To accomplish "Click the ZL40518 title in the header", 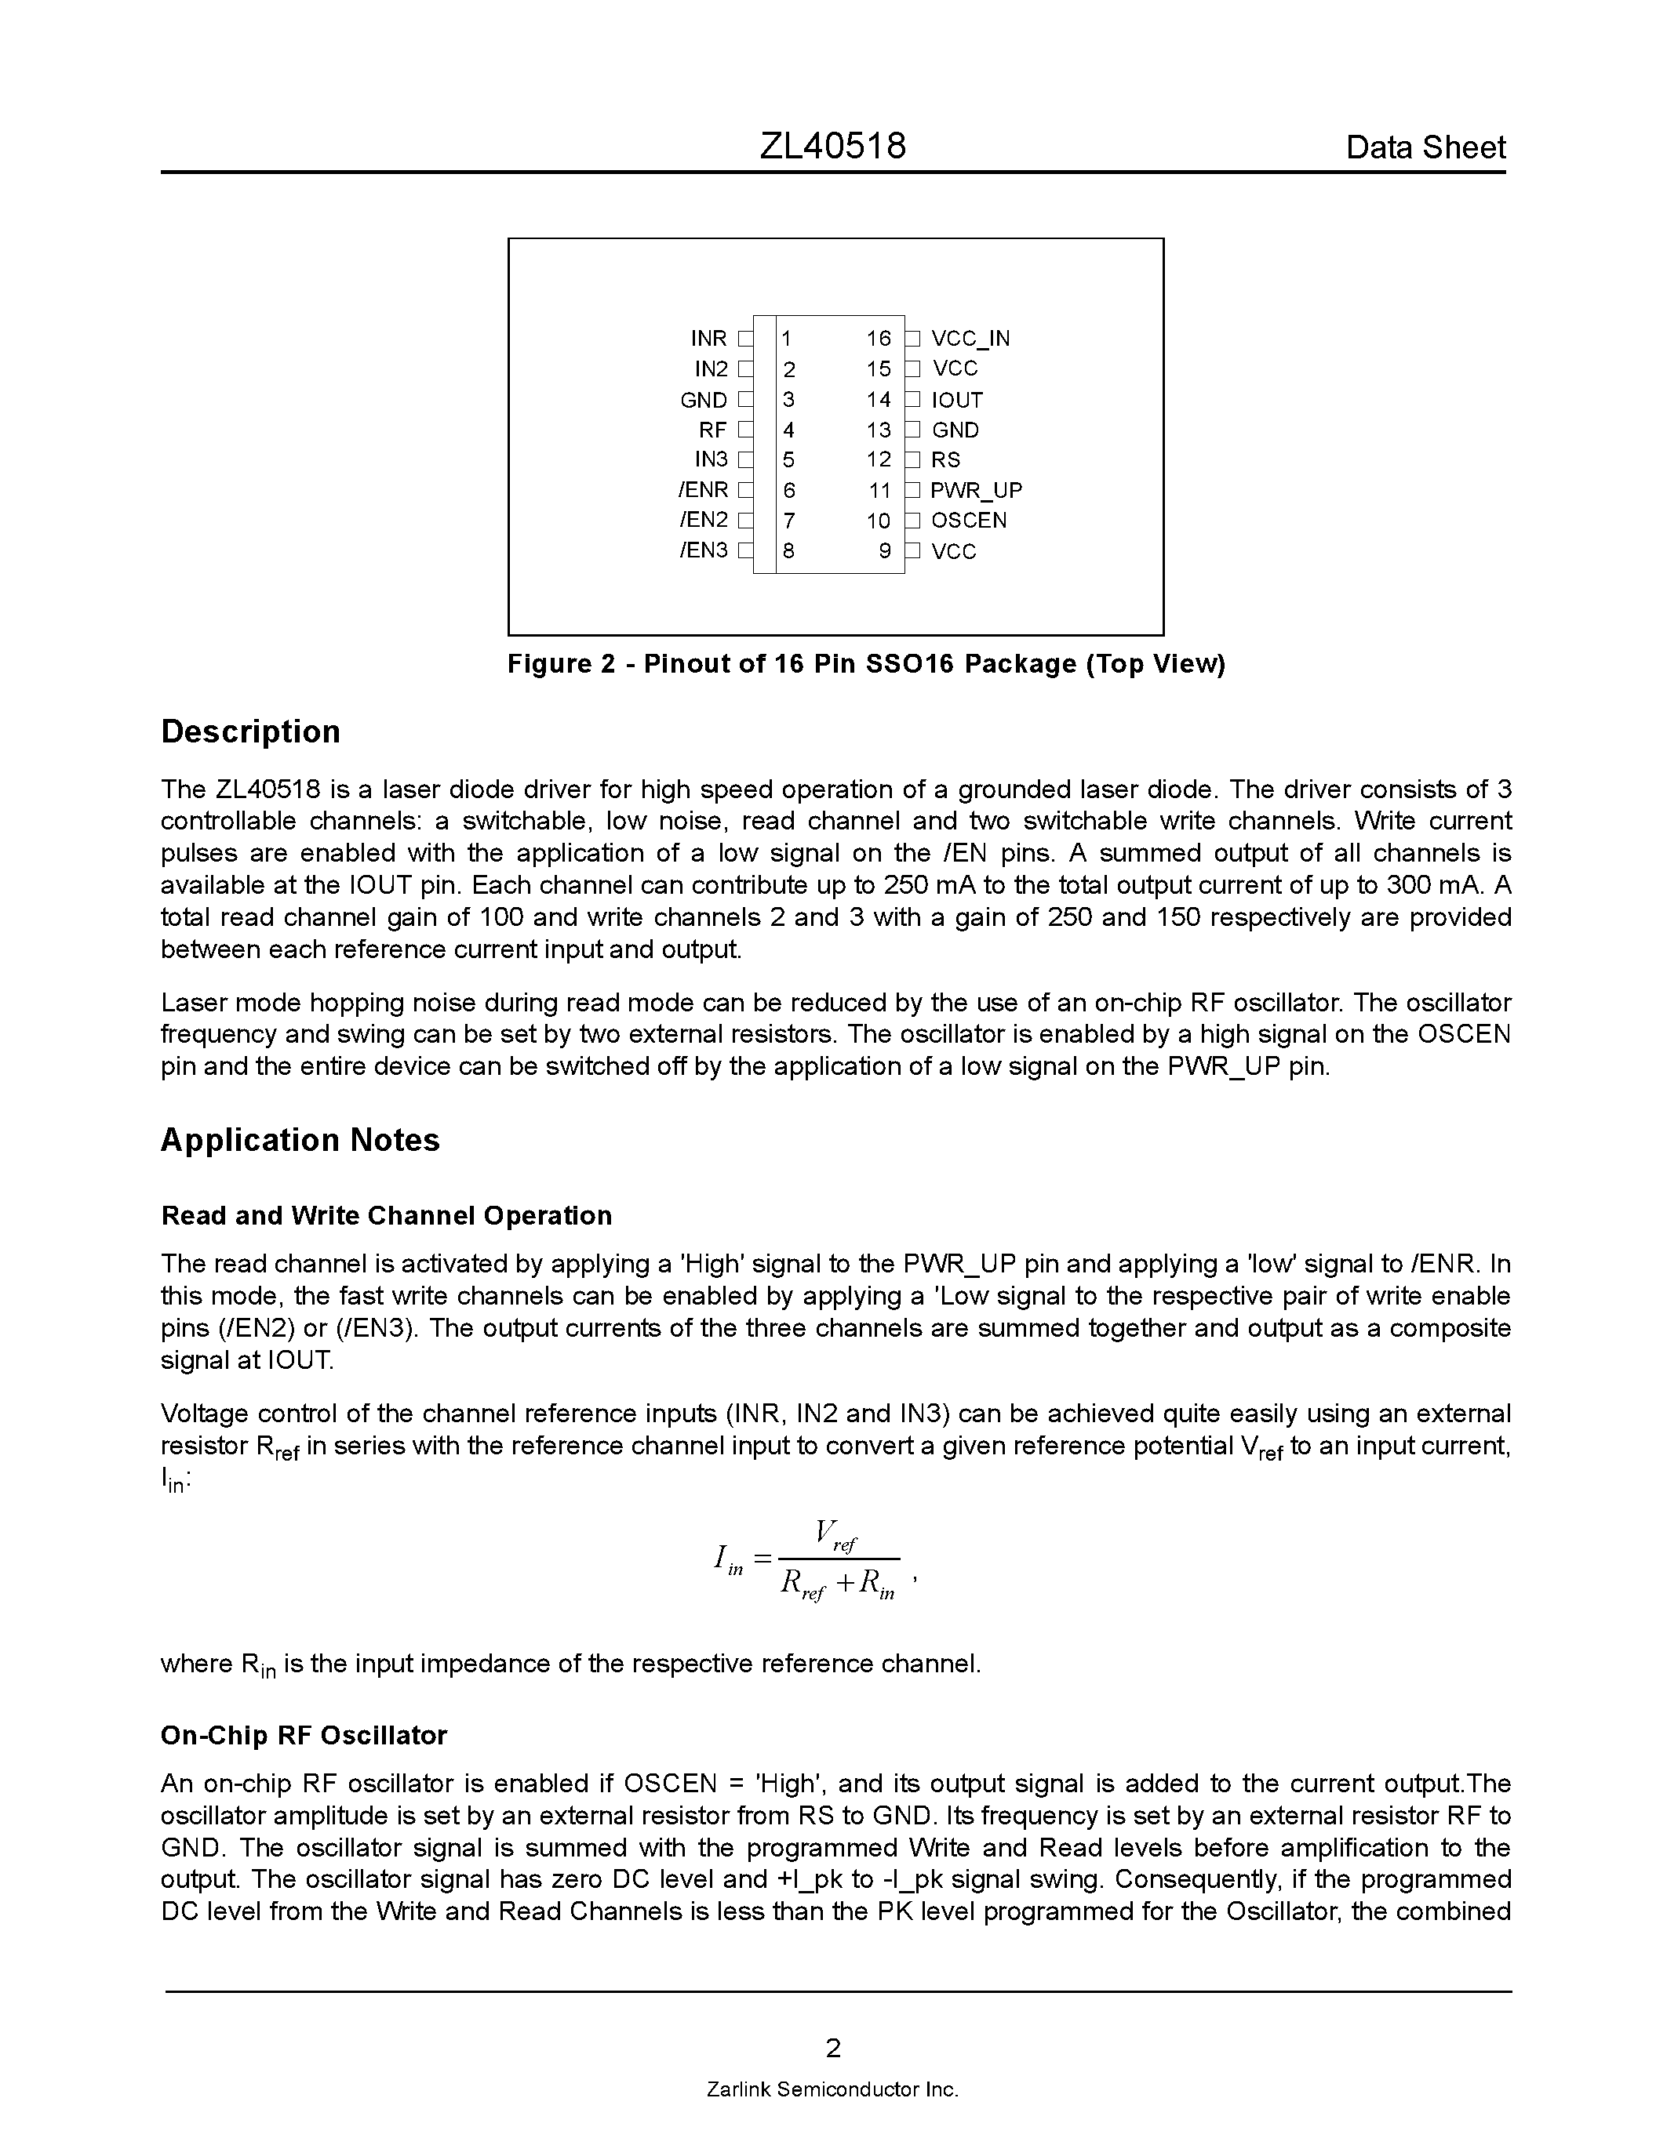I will tap(832, 147).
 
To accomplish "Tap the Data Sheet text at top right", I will tap(1425, 148).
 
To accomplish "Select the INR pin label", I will tap(708, 339).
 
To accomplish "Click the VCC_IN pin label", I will tap(970, 339).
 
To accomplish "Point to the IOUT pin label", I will tap(956, 400).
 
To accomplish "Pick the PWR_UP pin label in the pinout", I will tap(976, 491).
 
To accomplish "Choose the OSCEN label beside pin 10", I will tap(968, 521).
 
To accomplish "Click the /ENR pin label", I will tap(703, 491).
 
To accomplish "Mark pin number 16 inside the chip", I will tap(878, 339).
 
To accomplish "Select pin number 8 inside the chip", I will tap(788, 551).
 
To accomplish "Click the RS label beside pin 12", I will tap(945, 460).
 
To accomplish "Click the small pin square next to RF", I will tap(744, 430).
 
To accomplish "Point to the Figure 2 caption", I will tap(865, 663).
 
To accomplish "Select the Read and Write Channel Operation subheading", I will tap(386, 1215).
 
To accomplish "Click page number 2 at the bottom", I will tap(832, 2049).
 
